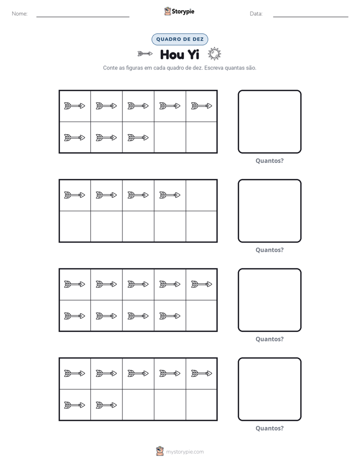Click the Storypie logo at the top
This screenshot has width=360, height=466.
click(179, 11)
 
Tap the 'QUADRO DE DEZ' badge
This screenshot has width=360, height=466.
click(179, 39)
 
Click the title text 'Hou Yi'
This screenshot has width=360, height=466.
click(179, 54)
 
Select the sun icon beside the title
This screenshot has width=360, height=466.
click(214, 54)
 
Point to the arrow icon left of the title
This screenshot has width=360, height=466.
click(145, 54)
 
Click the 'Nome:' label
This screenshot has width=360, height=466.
click(20, 14)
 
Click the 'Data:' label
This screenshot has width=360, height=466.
click(256, 14)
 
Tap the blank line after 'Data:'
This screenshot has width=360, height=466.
click(311, 17)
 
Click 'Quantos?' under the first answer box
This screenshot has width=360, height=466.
click(270, 161)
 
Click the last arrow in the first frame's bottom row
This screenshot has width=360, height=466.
click(138, 138)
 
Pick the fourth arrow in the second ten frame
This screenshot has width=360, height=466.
click(170, 195)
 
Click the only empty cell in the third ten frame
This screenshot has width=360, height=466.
click(201, 316)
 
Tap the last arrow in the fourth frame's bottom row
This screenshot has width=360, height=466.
click(106, 405)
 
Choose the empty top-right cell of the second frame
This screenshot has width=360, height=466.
click(201, 195)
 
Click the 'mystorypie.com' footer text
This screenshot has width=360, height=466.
click(185, 452)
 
